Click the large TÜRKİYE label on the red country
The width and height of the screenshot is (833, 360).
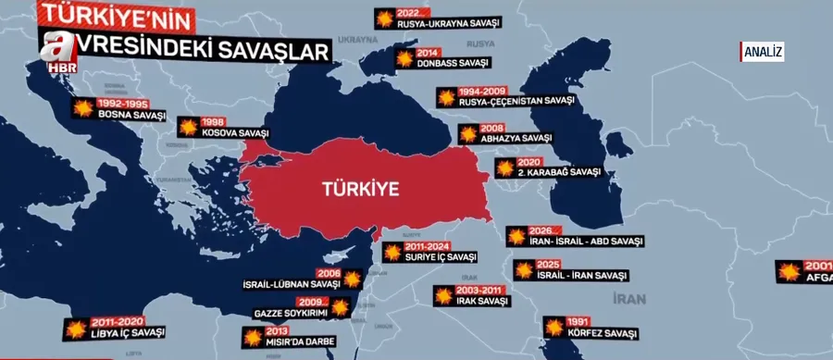pyautogui.click(x=360, y=189)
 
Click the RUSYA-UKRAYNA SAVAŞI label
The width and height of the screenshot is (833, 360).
pyautogui.click(x=448, y=24)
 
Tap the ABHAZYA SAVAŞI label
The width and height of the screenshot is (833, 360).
pyautogui.click(x=516, y=138)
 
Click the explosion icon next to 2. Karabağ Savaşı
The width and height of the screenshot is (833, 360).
pyautogui.click(x=505, y=168)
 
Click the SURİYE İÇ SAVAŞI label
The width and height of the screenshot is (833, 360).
pyautogui.click(x=441, y=257)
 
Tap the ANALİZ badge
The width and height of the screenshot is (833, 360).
pyautogui.click(x=763, y=52)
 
